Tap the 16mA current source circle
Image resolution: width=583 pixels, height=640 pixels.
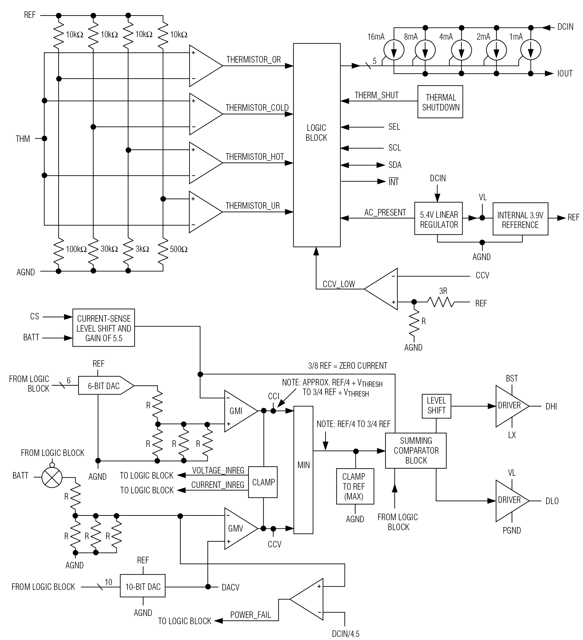point(394,50)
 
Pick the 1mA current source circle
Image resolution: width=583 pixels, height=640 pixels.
point(531,50)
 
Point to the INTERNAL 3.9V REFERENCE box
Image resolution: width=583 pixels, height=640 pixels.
point(520,219)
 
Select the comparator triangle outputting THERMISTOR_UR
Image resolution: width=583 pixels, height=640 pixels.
point(203,212)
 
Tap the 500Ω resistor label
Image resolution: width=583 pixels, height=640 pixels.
point(178,249)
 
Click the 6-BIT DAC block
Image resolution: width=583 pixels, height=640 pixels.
point(104,386)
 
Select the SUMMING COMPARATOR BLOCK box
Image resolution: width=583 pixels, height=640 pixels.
point(416,451)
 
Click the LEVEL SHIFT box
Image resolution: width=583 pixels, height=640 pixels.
point(436,406)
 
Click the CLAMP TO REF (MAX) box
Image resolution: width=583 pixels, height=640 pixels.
point(355,486)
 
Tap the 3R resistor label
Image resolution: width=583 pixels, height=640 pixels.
point(443,291)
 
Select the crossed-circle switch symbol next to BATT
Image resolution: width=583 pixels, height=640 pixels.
point(52,477)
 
